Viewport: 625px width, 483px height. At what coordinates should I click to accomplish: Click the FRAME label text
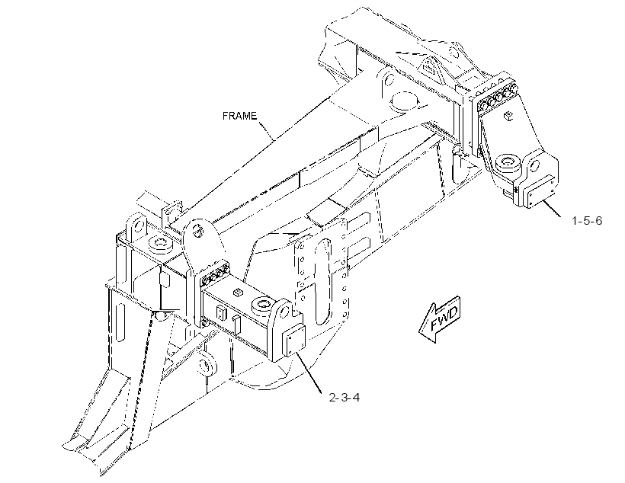pos(239,116)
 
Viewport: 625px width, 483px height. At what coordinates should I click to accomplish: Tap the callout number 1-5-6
pos(587,220)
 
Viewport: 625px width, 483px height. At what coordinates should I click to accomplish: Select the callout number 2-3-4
pos(345,398)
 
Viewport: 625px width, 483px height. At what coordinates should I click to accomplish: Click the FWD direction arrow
pos(440,320)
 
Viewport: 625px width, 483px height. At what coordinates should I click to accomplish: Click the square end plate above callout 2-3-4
pos(293,340)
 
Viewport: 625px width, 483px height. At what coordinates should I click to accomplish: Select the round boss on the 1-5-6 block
pos(508,162)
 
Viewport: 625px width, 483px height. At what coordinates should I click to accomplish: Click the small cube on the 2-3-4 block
pos(237,293)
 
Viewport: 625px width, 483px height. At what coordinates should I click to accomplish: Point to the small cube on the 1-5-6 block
pos(508,116)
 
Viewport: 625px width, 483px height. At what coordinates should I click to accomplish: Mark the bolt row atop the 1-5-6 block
pos(496,97)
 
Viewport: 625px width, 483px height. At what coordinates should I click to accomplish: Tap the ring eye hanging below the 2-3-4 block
pos(206,365)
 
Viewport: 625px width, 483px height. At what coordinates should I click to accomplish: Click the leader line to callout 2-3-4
pos(309,373)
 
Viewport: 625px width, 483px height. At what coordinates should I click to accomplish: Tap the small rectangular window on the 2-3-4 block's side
pos(220,313)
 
